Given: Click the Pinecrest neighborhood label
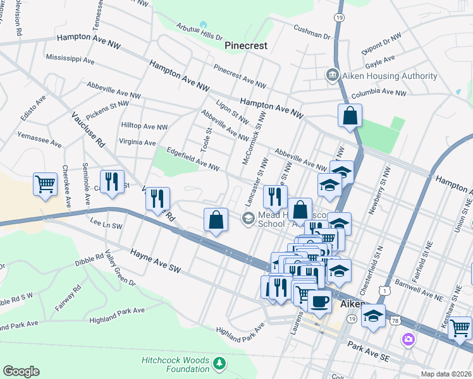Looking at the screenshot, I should (246, 45).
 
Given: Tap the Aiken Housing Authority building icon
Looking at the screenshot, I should (331, 76).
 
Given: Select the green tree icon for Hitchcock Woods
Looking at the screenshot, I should (219, 363).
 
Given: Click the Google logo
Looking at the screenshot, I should (21, 371).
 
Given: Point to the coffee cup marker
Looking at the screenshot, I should (320, 301).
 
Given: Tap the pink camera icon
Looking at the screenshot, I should (408, 340).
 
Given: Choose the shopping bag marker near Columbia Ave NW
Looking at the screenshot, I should (349, 116).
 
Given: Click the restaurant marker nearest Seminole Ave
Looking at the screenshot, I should (112, 182).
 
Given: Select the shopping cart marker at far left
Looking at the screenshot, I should (46, 184).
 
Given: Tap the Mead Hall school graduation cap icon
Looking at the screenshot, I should (248, 218).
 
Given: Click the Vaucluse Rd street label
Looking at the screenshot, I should (88, 130).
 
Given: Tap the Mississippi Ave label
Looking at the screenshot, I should (70, 59).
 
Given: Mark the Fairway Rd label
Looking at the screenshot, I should (66, 298).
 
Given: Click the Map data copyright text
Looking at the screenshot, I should (446, 374).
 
